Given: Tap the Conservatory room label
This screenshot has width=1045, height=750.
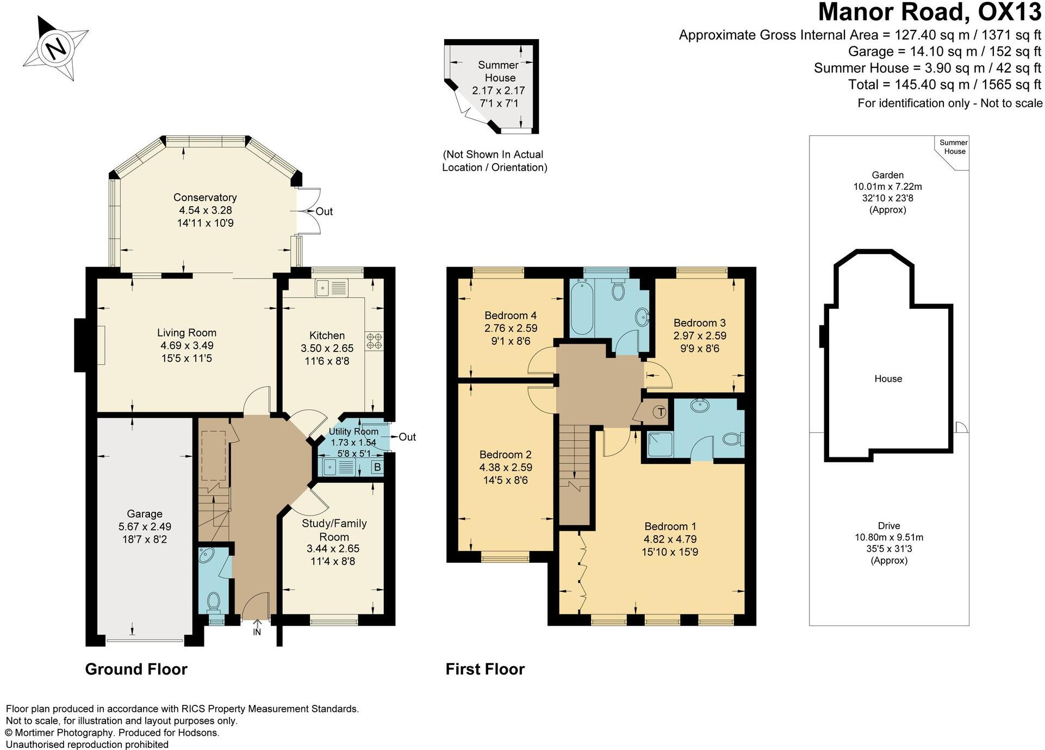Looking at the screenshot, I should tap(205, 197).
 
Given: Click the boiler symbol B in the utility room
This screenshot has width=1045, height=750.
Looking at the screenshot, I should tap(377, 467).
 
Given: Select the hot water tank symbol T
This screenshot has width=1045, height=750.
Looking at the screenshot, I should tap(661, 412).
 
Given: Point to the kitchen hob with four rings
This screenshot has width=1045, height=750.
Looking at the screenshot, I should tap(374, 341).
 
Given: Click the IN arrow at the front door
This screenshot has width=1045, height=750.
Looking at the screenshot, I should tap(257, 628).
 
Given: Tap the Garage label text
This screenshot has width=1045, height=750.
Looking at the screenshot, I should tap(145, 514).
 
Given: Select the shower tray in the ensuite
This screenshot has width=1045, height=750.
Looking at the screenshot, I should tap(658, 445).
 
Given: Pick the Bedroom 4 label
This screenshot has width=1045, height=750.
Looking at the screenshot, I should tap(511, 315).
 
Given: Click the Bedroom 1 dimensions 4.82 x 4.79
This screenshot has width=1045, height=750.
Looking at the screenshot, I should tap(670, 540).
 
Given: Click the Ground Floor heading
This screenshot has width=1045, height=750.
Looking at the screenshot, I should tap(136, 669).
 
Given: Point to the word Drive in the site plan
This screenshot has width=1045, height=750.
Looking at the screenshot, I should tap(888, 526).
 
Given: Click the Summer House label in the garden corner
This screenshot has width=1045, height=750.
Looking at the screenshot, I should tap(954, 147).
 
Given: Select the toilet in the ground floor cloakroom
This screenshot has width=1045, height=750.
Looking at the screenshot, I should tap(214, 602).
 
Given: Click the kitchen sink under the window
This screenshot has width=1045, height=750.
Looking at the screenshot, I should tap(322, 286).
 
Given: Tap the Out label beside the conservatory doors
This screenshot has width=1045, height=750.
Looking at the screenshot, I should tap(324, 212).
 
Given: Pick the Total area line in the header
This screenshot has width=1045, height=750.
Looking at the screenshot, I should tap(944, 85).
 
